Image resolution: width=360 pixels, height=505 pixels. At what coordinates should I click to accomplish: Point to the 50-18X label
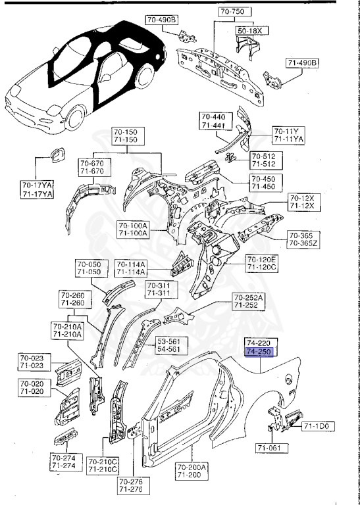[249, 30]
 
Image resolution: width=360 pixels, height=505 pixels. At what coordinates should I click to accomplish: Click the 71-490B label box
[302, 62]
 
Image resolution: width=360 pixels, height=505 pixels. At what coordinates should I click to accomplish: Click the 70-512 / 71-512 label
[264, 161]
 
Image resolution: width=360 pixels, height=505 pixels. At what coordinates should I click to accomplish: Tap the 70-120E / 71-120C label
[262, 263]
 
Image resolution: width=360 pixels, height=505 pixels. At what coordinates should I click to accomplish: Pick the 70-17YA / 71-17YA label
[37, 190]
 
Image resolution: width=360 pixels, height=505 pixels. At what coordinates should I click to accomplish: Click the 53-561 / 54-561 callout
[172, 345]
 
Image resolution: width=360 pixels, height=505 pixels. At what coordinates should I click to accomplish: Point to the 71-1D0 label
[319, 427]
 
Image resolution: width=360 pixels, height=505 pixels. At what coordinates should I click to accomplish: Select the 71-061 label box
[270, 448]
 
